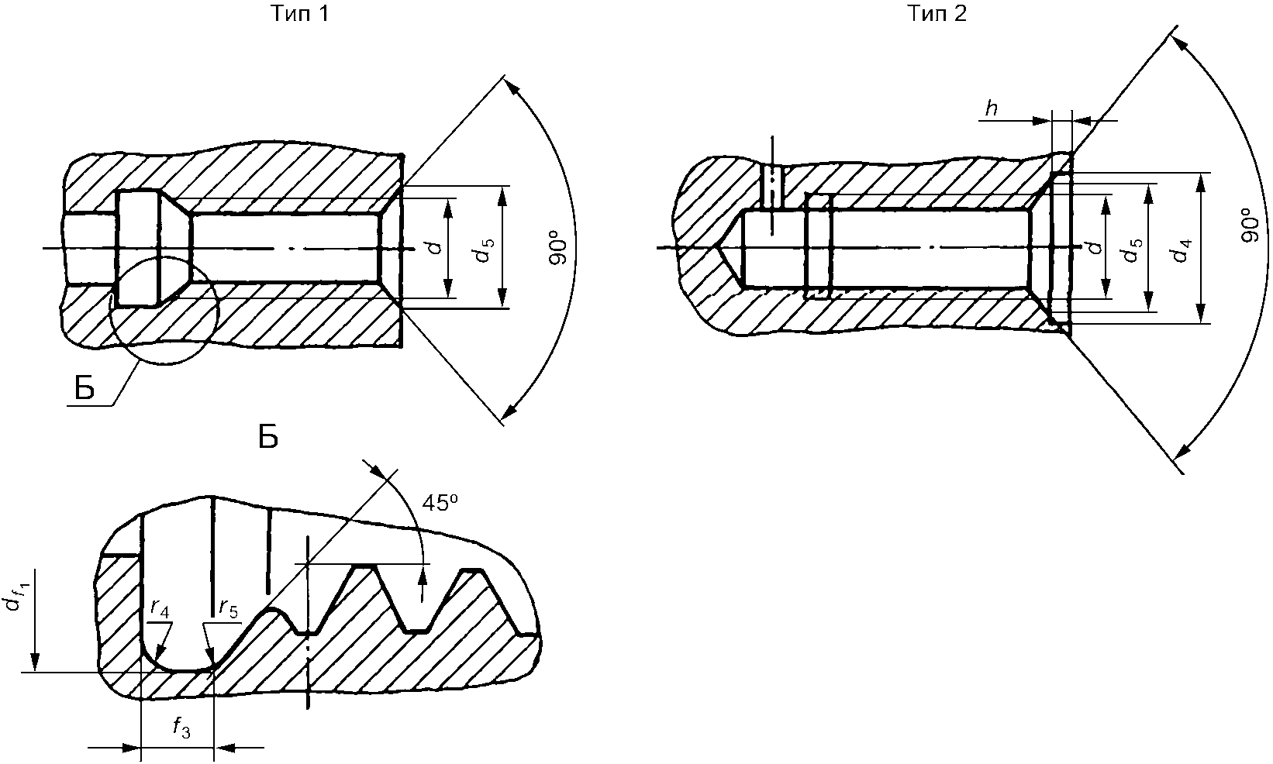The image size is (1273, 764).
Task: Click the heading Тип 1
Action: (299, 14)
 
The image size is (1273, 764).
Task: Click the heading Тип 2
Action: (937, 14)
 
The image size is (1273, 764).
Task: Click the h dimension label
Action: (991, 108)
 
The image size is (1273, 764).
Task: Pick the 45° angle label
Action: (440, 503)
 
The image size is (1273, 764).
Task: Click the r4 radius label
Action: (160, 609)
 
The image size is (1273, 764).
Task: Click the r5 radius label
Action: (229, 609)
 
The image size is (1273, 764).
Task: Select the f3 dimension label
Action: (181, 728)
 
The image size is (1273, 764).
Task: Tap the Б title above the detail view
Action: (268, 437)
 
